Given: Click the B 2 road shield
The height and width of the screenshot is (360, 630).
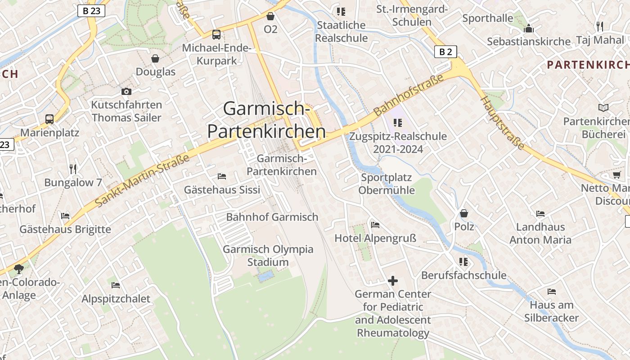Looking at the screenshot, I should point(445,52).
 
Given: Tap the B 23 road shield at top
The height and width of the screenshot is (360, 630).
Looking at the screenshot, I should point(91,11).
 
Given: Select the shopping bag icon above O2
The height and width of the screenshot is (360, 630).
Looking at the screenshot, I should point(270,17).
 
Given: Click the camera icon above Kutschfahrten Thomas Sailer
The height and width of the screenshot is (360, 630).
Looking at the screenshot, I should point(126,92).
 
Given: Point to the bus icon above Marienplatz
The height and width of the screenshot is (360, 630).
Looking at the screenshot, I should point(49,119).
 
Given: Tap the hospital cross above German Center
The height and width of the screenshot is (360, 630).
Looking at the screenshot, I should point(393,281).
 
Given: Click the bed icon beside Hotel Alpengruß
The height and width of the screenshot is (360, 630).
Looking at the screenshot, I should point(375,225).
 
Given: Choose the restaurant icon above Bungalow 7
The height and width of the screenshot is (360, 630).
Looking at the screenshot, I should point(73,169).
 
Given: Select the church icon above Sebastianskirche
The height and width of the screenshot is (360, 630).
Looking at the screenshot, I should point(528,29).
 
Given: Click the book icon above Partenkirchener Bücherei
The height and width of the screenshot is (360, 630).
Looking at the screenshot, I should point(603,108).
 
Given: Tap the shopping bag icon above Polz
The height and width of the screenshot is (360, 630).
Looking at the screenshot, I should point(464,213).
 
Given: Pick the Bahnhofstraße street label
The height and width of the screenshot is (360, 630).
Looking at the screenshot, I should point(409,94).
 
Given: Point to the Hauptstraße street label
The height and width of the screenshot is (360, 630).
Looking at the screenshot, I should point(503,122).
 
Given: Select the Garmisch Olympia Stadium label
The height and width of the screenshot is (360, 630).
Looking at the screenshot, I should point(268,256).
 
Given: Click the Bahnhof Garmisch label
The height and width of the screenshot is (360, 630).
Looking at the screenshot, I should point(272,217).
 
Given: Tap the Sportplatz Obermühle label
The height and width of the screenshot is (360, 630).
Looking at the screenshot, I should point(387,184).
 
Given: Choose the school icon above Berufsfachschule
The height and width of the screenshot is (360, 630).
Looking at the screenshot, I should point(463,261).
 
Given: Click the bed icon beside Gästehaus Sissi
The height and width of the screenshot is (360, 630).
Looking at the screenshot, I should point(221,176).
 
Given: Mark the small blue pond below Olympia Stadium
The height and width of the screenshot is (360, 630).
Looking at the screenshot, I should point(266,275).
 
